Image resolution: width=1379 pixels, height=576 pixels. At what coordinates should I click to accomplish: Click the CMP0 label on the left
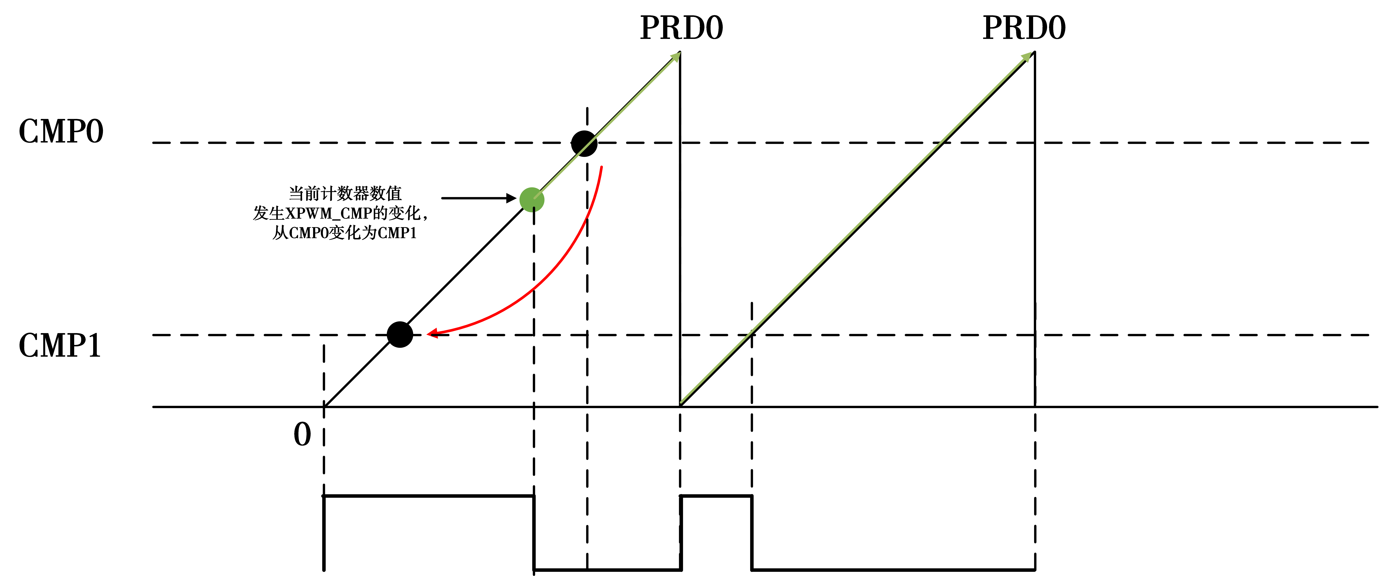[61, 132]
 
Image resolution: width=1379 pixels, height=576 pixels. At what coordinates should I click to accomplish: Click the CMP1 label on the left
[60, 345]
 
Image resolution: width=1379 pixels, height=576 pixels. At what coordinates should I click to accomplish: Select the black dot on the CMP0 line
[584, 143]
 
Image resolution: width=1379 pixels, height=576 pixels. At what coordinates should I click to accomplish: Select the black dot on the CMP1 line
[400, 335]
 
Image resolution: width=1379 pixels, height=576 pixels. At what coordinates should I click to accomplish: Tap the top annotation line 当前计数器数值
[345, 193]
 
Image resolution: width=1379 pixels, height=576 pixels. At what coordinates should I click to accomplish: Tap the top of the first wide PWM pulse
[429, 496]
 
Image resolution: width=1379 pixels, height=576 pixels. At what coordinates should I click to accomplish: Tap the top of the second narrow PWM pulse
[716, 496]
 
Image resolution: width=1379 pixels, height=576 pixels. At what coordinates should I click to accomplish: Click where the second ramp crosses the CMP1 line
[752, 335]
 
